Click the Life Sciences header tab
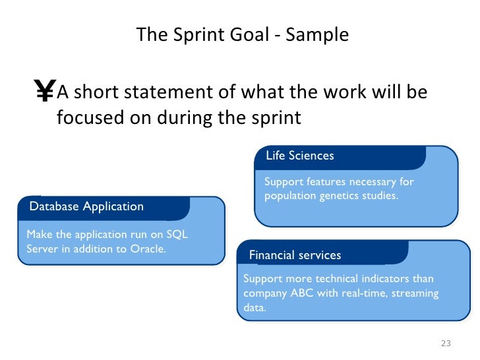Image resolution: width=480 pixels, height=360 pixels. click(300, 156)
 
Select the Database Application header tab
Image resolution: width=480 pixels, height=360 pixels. click(86, 206)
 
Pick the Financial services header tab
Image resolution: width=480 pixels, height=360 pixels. click(295, 255)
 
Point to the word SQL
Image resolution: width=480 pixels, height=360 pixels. click(177, 235)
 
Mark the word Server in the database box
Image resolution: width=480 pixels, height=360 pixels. click(41, 249)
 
